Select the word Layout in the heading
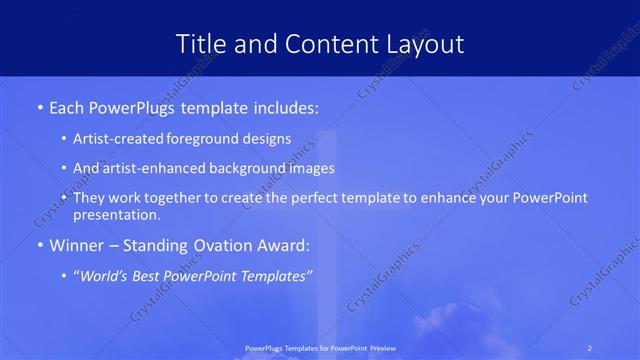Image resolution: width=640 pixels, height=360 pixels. [422, 44]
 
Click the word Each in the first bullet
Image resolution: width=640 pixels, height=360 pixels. [67, 106]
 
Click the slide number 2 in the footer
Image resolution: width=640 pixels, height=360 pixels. [590, 348]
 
